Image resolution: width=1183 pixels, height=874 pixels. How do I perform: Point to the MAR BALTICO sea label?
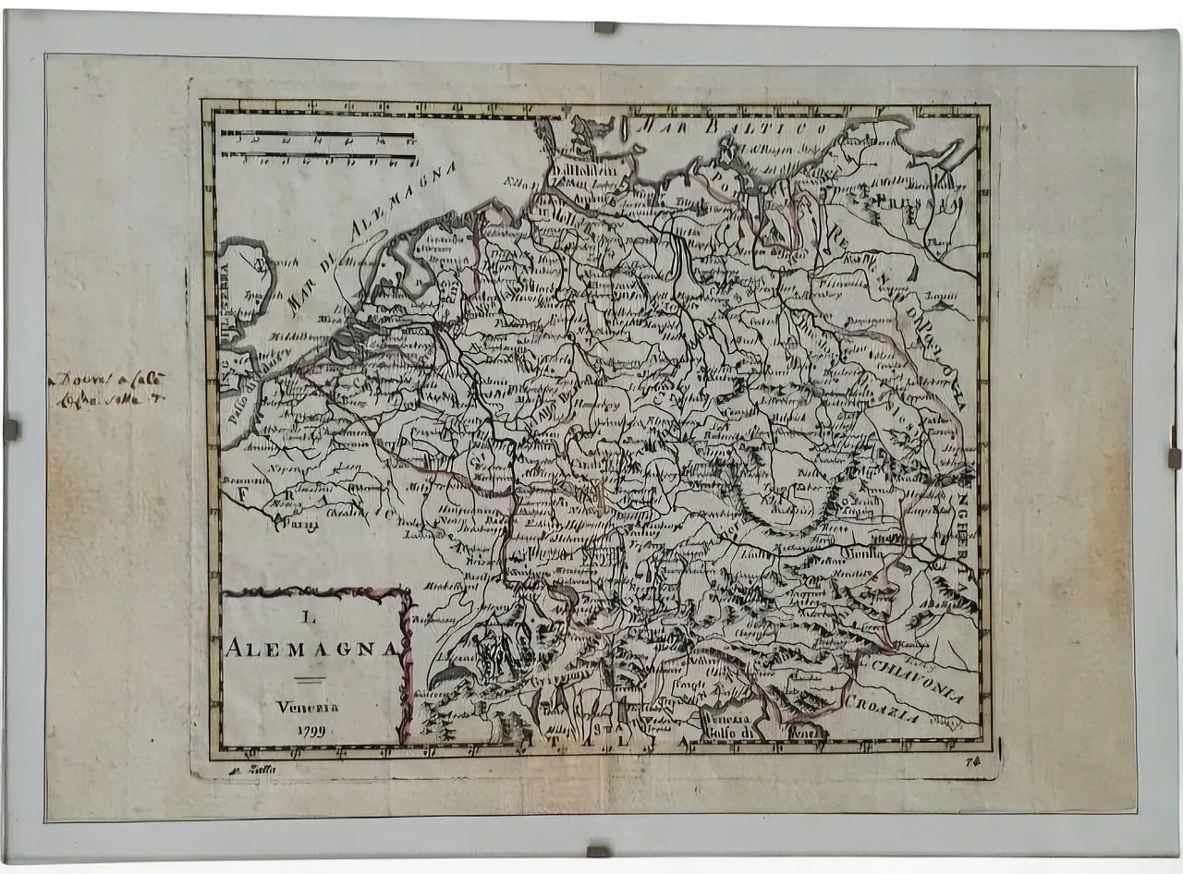[736, 127]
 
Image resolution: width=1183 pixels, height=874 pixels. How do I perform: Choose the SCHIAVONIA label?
[913, 680]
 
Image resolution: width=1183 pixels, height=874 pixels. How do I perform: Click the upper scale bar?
[317, 136]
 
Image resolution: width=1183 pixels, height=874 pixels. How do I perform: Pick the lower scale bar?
[317, 155]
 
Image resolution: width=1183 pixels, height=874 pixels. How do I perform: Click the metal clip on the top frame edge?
[604, 28]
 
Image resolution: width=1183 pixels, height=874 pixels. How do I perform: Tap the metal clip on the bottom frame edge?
[598, 849]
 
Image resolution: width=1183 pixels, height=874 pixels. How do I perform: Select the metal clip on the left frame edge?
[11, 429]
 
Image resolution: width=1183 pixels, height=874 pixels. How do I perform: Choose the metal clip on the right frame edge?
[1173, 458]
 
